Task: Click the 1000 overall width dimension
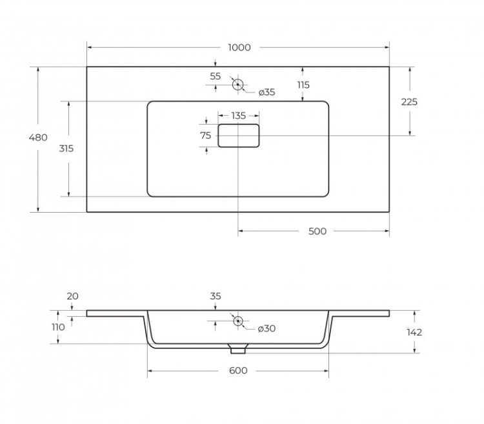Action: pyautogui.click(x=238, y=48)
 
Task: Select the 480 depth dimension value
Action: pyautogui.click(x=38, y=137)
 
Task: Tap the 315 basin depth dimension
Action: pyautogui.click(x=66, y=148)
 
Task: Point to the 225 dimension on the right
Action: pyautogui.click(x=409, y=101)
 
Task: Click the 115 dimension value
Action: pyautogui.click(x=303, y=85)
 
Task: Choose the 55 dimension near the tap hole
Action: pyautogui.click(x=216, y=76)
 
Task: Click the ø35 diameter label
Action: pyautogui.click(x=267, y=92)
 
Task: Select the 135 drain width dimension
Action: pyautogui.click(x=238, y=116)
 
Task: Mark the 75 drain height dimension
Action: pyautogui.click(x=206, y=135)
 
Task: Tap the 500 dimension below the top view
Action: pyautogui.click(x=318, y=231)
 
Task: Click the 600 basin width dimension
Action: pyautogui.click(x=238, y=370)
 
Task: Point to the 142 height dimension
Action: pyautogui.click(x=414, y=332)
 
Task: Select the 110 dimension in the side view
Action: pyautogui.click(x=58, y=327)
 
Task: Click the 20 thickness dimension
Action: pyautogui.click(x=72, y=296)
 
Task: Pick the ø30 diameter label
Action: pyautogui.click(x=267, y=329)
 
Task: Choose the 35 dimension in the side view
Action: pyautogui.click(x=216, y=296)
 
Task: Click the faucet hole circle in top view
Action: pyautogui.click(x=237, y=84)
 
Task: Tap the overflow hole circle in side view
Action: pyautogui.click(x=237, y=321)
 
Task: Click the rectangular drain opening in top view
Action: pyautogui.click(x=238, y=136)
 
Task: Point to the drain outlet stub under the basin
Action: pyautogui.click(x=238, y=350)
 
